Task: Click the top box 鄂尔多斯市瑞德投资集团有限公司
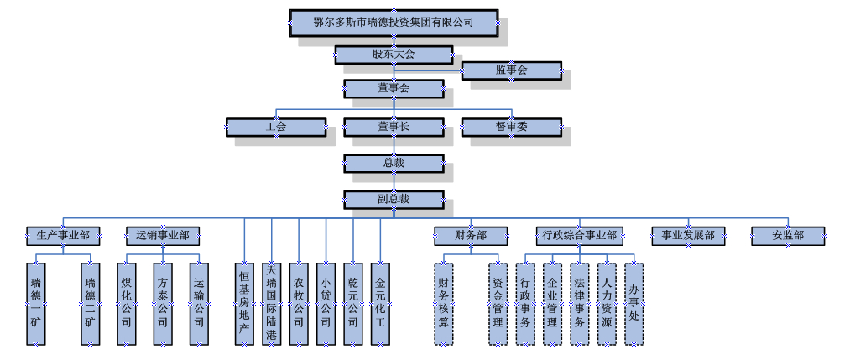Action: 394,23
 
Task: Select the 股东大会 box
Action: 394,55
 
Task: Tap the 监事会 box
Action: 511,70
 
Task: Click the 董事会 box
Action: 394,87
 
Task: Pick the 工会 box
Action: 276,127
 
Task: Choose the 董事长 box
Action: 394,127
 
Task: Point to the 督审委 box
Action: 511,127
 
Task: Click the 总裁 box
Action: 394,163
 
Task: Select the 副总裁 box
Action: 394,199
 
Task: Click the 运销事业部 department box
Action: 163,235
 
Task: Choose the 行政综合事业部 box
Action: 579,235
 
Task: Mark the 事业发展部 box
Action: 688,235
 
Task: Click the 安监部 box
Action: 788,235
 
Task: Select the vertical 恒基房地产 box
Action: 244,303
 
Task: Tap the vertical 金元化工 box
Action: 381,303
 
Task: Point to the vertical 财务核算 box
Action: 444,303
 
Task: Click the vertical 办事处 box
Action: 634,303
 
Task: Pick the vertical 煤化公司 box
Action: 127,303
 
